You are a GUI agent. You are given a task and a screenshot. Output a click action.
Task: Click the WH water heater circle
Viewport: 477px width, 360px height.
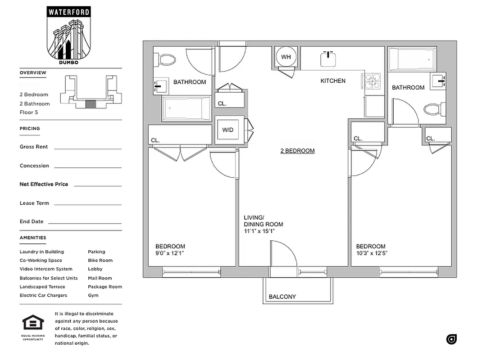click(x=286, y=57)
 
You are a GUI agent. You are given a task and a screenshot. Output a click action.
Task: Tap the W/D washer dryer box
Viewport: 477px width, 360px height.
click(x=228, y=130)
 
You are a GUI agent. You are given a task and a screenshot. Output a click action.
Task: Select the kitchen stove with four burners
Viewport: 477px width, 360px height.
click(x=373, y=81)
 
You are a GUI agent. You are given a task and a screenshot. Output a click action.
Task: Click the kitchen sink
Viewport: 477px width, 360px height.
click(x=328, y=58)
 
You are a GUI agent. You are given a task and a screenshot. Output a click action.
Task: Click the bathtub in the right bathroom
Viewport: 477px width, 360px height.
click(x=412, y=58)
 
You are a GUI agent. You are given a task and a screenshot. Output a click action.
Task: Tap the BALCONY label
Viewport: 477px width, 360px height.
click(x=282, y=297)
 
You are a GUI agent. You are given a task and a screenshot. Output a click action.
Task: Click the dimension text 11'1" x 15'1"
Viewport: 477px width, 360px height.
click(x=259, y=231)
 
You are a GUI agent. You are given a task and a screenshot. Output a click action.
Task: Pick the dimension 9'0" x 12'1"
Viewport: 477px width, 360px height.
click(x=170, y=253)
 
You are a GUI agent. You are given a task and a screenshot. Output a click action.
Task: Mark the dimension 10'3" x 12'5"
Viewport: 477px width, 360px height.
click(x=372, y=253)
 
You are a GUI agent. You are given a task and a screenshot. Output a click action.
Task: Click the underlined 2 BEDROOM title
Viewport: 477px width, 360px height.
click(x=297, y=151)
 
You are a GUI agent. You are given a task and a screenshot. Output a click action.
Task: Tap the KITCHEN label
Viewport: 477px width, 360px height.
click(x=333, y=81)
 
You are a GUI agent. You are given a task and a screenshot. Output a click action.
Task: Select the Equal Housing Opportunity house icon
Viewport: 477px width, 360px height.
click(x=33, y=323)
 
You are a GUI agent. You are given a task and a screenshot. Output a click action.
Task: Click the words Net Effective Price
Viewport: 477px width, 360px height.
click(x=44, y=184)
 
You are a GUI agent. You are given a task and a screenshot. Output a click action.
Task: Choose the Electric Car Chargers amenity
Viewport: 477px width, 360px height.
click(x=43, y=295)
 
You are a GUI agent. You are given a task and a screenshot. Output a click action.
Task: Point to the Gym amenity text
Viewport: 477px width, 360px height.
click(x=93, y=295)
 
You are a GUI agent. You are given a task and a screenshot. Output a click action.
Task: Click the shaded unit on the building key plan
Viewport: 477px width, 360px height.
click(x=91, y=104)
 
